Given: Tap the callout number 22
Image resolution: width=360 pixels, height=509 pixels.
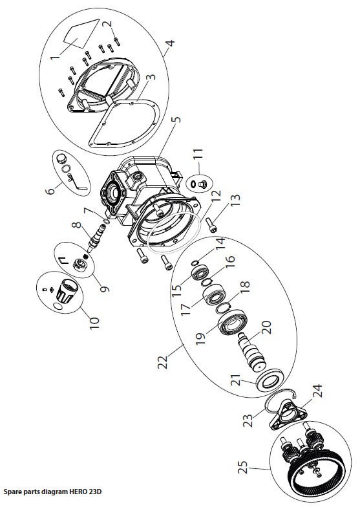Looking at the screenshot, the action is (163, 362).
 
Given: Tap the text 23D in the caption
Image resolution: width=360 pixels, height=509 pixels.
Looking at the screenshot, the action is (95, 492).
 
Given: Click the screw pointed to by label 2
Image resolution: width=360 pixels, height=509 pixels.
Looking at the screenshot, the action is (116, 40).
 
